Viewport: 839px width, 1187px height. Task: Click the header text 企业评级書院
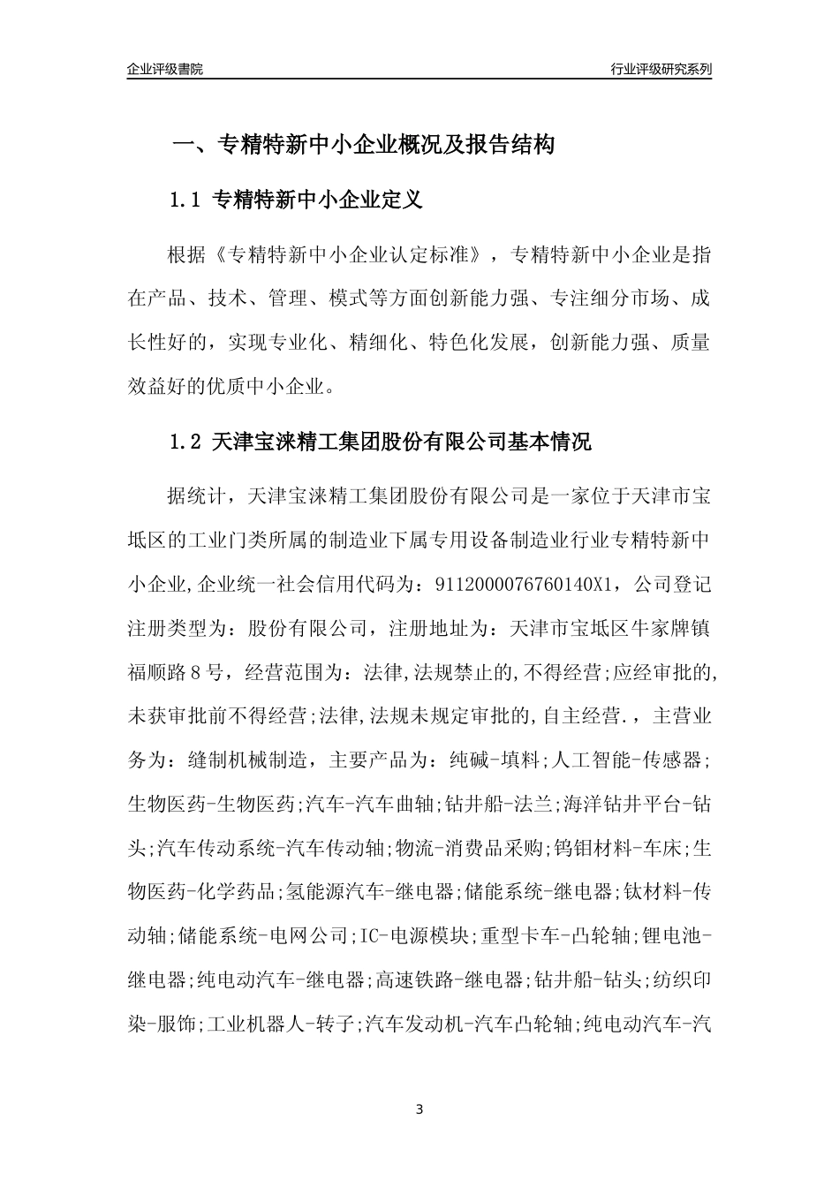point(165,69)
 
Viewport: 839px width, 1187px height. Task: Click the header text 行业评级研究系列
point(661,69)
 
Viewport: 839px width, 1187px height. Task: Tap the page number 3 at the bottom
point(419,1109)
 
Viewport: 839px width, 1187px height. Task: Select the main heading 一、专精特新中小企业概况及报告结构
point(362,146)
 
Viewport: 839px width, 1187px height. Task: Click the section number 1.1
point(186,200)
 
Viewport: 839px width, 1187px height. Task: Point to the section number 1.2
point(186,442)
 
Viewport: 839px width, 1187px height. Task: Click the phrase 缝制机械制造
point(248,759)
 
